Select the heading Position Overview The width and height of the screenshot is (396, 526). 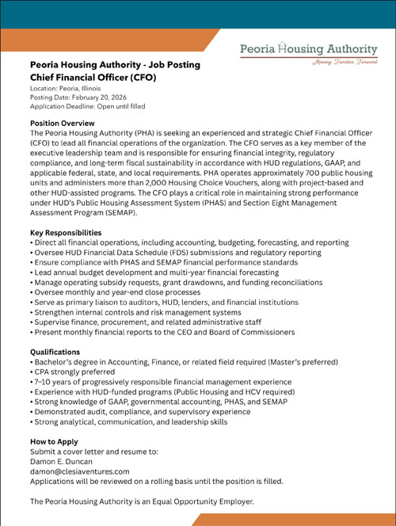[62, 124]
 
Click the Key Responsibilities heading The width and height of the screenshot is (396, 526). [66, 232]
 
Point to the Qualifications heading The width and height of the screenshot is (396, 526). [55, 351]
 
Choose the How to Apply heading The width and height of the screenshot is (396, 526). [54, 441]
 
